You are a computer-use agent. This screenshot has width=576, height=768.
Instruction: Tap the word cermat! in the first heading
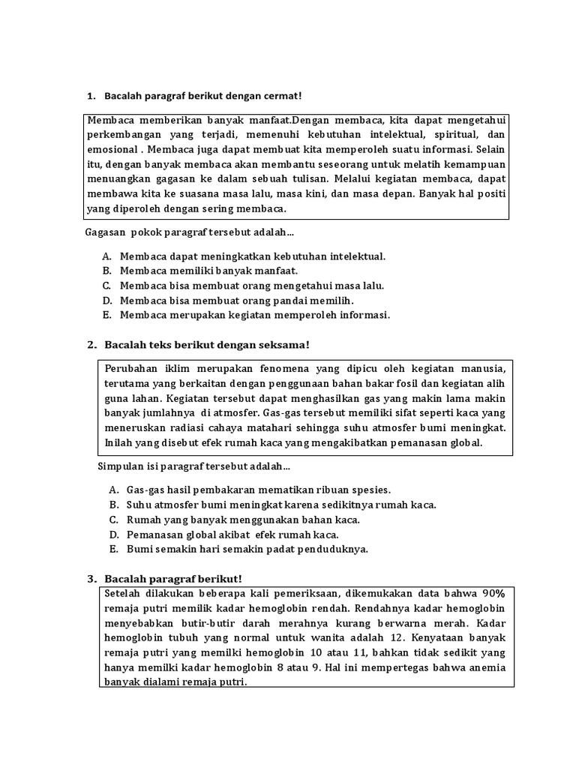click(278, 97)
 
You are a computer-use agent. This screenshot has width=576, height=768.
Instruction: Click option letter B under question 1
click(107, 270)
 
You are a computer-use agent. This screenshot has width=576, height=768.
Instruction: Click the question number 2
click(91, 344)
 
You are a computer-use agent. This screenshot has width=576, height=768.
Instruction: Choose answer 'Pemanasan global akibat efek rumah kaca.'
click(232, 534)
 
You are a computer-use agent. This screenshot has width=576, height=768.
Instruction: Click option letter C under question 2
click(113, 519)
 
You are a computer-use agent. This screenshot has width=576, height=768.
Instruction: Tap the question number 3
click(91, 579)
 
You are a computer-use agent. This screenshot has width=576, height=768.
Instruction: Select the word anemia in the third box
click(488, 667)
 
